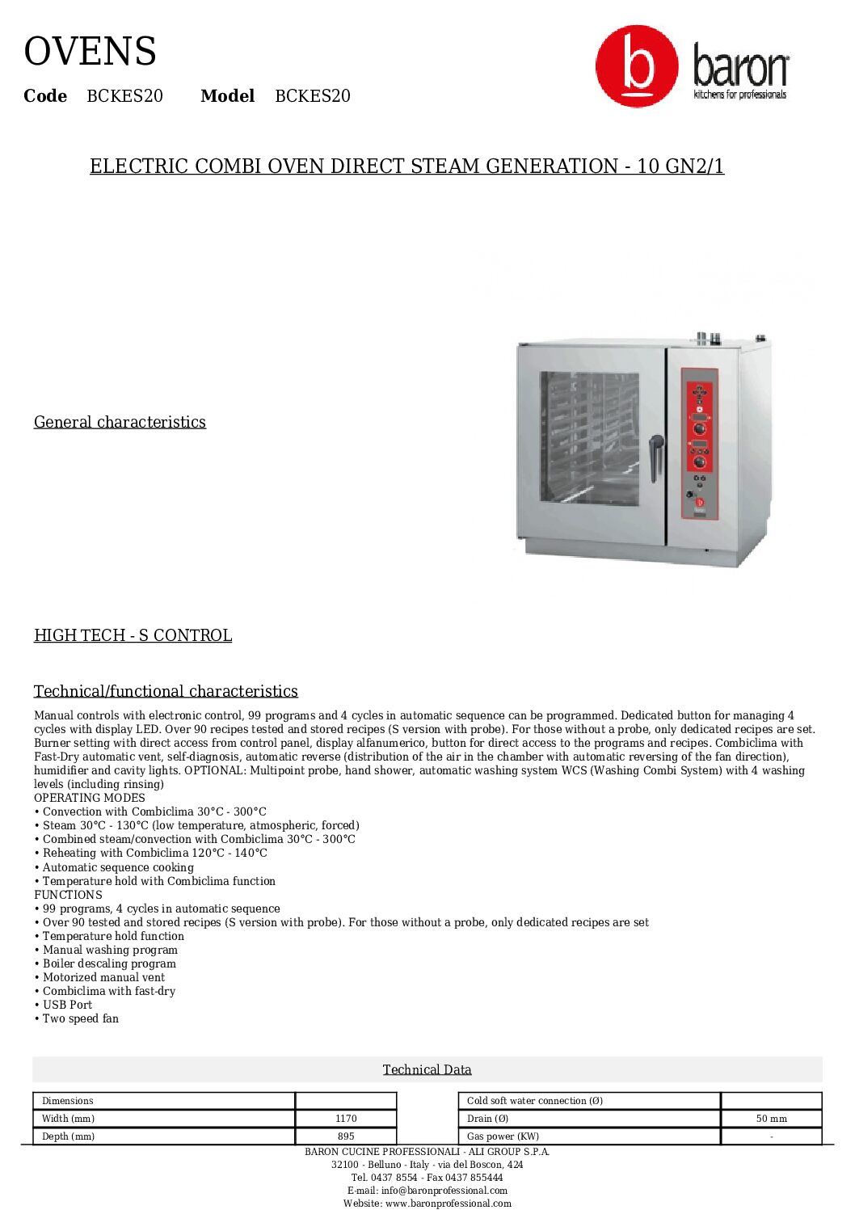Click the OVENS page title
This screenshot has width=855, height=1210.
coord(90,52)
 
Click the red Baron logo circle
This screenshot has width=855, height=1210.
coord(637,65)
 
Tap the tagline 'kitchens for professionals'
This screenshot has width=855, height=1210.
coord(739,95)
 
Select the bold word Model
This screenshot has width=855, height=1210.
coord(227,96)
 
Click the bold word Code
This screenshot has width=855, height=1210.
coord(45,96)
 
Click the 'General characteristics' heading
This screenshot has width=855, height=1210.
coord(120,422)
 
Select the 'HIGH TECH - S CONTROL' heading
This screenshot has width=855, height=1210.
coord(133,635)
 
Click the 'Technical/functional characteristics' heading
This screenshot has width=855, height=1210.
coord(166,691)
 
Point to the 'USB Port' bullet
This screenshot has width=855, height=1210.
coord(67,1005)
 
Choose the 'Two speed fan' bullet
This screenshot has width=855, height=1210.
coord(80,1018)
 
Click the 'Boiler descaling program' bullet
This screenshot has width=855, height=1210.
coord(109,963)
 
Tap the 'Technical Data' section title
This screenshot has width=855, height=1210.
coord(427,1069)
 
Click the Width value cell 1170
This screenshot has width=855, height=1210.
coord(346,1119)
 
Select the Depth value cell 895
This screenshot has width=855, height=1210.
coord(346,1136)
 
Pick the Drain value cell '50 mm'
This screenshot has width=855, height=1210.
coord(771,1119)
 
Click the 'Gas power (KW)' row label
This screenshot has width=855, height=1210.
coord(503,1136)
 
